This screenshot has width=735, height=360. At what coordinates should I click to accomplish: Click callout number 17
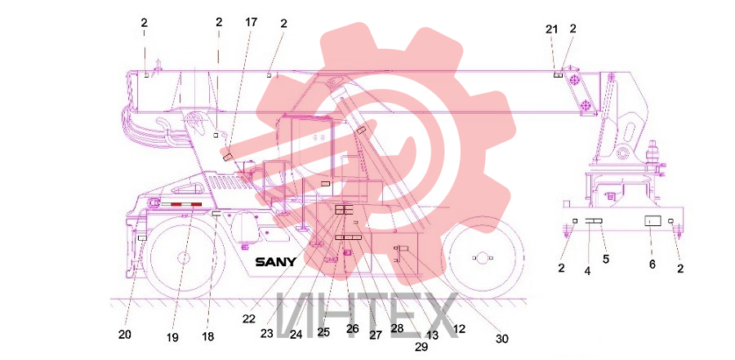251,22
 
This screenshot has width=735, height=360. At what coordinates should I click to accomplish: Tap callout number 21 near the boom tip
552,29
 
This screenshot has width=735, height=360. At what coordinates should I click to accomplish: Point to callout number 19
172,337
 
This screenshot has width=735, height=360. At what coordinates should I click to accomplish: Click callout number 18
208,336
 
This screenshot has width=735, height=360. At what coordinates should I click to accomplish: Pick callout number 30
501,339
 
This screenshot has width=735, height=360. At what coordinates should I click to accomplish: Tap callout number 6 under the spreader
652,264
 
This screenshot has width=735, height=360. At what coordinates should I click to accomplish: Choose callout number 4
587,271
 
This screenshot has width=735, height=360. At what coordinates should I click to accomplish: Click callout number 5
606,258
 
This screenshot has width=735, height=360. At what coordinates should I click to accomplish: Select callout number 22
249,318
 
